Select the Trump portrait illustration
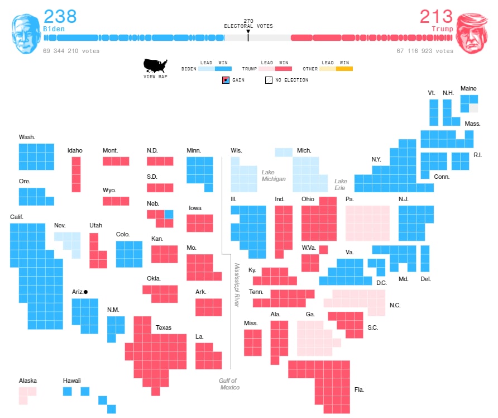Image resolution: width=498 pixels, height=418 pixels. coord(472,34)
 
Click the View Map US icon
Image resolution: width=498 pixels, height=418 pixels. coord(155,66)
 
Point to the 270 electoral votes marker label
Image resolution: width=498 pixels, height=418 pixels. coord(248,23)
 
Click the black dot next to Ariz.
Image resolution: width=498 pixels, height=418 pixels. coord(85,292)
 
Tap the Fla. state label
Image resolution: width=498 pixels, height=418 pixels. coord(359,389)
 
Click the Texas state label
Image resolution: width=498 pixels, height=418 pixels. coord(164,327)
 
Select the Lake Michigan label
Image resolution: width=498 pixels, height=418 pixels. coord(274,175)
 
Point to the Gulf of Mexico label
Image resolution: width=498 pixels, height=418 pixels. coord(229,384)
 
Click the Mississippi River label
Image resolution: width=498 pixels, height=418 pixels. coord(237,285)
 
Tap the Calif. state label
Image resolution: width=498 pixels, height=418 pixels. coord(17,217)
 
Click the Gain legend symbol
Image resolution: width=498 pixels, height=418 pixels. coord(226,80)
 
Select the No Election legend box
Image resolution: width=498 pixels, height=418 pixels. coord(269,80)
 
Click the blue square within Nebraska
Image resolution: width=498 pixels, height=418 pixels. coord(169,214)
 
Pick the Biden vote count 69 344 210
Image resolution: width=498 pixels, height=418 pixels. coord(71,51)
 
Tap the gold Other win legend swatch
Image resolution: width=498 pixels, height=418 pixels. coord(344,69)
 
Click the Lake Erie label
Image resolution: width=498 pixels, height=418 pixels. coord(341,184)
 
